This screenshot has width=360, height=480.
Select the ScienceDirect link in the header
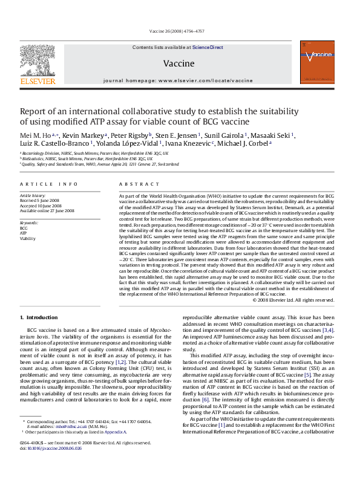209,47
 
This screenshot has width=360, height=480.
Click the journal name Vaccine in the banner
178,63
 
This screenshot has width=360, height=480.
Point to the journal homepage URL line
178,80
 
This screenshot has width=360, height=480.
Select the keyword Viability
27,239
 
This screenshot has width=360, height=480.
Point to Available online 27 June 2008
47,210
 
